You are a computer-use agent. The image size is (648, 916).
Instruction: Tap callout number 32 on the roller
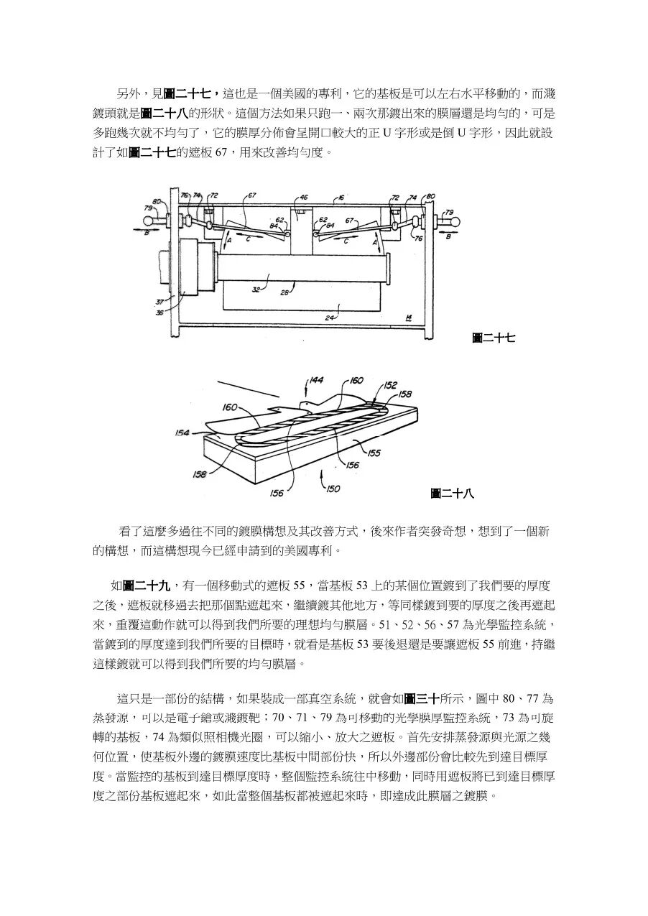point(255,290)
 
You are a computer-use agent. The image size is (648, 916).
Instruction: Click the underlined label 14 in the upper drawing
point(408,316)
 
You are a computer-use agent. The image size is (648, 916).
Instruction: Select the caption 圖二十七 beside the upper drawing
point(494,337)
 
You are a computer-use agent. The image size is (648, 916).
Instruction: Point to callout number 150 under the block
point(333,489)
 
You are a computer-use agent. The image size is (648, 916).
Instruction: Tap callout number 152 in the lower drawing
point(390,385)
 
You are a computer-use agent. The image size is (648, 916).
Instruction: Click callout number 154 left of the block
point(182,432)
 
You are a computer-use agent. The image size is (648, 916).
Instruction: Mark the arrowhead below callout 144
point(307,394)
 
